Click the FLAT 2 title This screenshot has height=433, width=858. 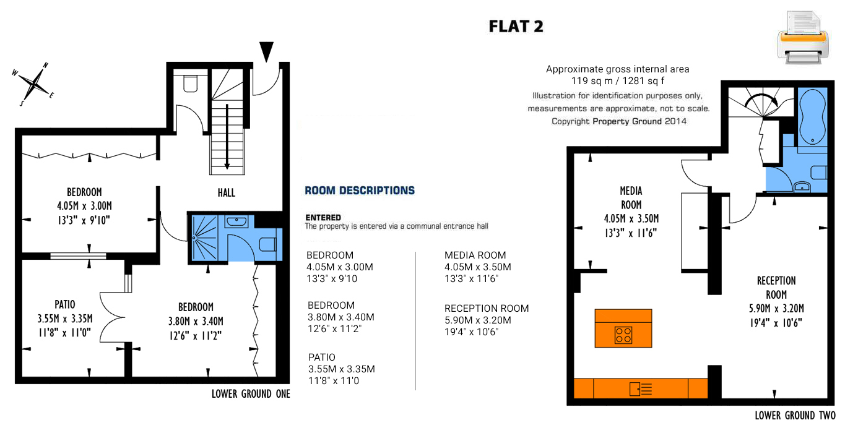516,27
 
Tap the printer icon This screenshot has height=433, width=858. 803,37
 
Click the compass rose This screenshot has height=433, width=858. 33,84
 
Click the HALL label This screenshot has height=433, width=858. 227,192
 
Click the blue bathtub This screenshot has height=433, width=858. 812,116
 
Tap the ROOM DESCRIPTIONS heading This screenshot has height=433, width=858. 360,191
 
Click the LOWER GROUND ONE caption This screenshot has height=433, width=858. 251,394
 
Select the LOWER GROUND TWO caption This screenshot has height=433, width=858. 795,416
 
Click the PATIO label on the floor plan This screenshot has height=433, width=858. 65,305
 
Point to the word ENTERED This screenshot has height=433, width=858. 323,218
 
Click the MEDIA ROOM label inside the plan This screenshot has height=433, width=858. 631,197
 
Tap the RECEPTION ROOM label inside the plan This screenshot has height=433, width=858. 776,288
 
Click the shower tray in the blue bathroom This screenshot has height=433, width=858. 204,238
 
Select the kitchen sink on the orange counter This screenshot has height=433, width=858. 641,389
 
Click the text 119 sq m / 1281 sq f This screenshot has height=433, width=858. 617,81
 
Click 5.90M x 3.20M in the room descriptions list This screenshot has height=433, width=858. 478,320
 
